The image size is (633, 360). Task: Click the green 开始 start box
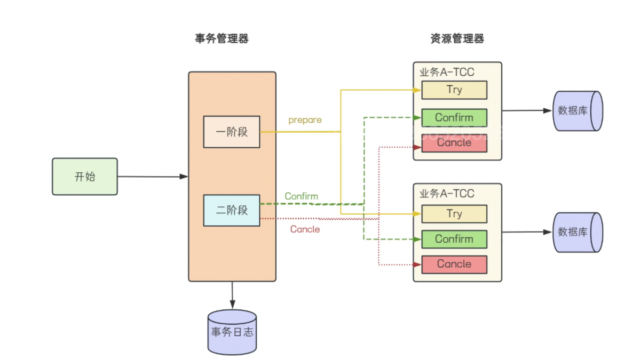tap(85, 177)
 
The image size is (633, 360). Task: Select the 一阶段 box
tap(232, 132)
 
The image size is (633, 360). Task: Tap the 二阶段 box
tap(232, 210)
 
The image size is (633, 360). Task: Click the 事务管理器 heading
tap(221, 39)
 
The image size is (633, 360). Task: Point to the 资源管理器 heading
tap(457, 39)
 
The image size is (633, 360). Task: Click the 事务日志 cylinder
tap(232, 332)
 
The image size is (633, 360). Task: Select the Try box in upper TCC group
tap(454, 90)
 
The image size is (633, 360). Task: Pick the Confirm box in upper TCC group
tap(454, 117)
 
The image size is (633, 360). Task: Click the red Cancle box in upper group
tap(454, 143)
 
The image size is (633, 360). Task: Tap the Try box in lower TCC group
tap(454, 214)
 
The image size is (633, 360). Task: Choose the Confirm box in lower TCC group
tap(454, 239)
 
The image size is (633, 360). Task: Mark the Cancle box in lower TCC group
tap(454, 265)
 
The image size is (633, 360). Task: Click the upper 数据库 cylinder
tap(577, 111)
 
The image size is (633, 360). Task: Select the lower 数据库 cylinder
tap(577, 232)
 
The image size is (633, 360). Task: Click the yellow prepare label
tap(305, 120)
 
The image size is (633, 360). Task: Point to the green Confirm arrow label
tap(301, 196)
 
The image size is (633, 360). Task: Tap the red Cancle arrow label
tap(305, 229)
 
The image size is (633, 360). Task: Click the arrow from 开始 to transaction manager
tap(152, 177)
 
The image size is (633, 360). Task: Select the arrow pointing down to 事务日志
tap(232, 295)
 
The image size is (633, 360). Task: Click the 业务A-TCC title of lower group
tap(447, 194)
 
